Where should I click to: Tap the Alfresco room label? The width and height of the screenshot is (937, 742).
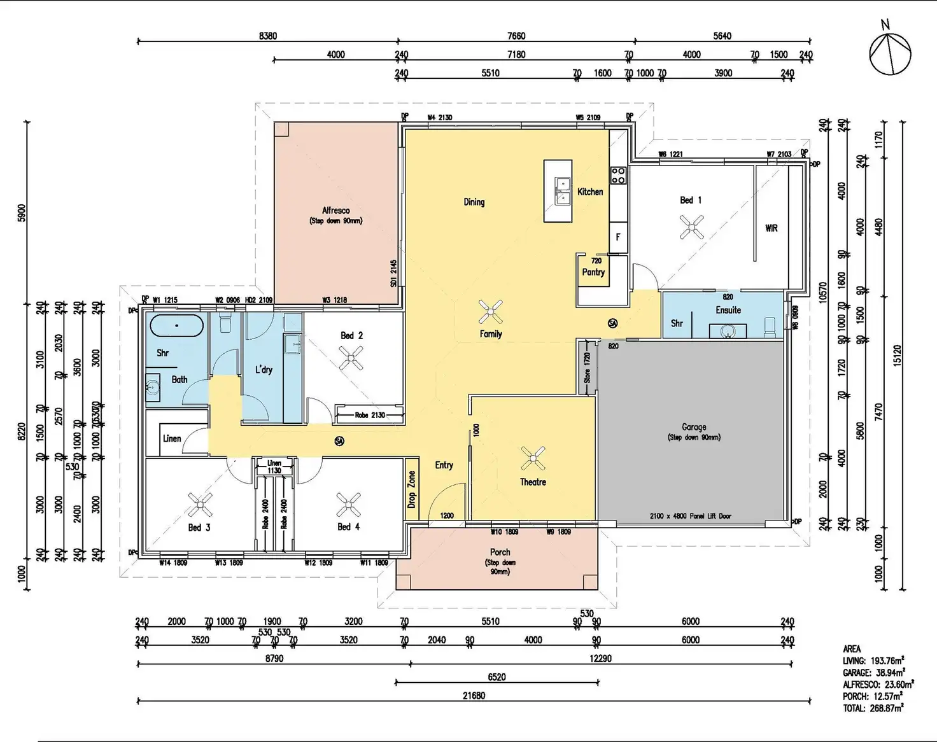pyautogui.click(x=335, y=211)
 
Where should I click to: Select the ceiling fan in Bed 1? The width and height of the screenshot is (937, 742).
pyautogui.click(x=691, y=227)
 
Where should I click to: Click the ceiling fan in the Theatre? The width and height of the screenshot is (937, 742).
pyautogui.click(x=533, y=458)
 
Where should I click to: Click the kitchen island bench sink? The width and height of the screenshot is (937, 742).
pyautogui.click(x=562, y=192)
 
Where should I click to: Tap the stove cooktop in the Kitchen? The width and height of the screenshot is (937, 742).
pyautogui.click(x=618, y=175)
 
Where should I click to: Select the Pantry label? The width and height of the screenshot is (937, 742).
pyautogui.click(x=593, y=272)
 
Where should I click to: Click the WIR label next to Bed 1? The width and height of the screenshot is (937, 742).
pyautogui.click(x=771, y=228)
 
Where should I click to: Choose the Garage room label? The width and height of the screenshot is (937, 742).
pyautogui.click(x=694, y=427)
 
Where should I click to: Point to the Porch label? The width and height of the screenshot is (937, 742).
pyautogui.click(x=500, y=552)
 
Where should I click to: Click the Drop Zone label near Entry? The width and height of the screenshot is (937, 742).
pyautogui.click(x=412, y=489)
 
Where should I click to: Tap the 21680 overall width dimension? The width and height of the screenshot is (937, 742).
pyautogui.click(x=474, y=696)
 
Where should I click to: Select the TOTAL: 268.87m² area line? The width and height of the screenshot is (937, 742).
pyautogui.click(x=873, y=708)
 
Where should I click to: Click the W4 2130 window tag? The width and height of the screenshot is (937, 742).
pyautogui.click(x=440, y=117)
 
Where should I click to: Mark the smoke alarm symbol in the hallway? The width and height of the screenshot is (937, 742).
pyautogui.click(x=339, y=440)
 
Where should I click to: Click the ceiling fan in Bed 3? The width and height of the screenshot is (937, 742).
pyautogui.click(x=199, y=505)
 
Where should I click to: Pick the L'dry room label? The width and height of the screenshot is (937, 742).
pyautogui.click(x=264, y=369)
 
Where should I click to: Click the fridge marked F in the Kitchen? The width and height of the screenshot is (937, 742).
pyautogui.click(x=617, y=237)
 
